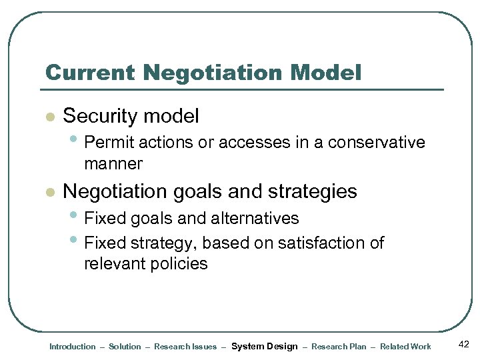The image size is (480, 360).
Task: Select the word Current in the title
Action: (84, 73)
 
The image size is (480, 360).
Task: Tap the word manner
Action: (113, 163)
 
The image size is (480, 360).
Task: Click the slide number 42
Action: (464, 345)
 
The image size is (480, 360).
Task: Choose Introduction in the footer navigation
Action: (72, 347)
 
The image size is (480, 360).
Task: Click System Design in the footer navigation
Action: (264, 347)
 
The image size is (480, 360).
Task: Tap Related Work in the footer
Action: (405, 347)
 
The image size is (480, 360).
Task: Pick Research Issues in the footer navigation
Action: (185, 347)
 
